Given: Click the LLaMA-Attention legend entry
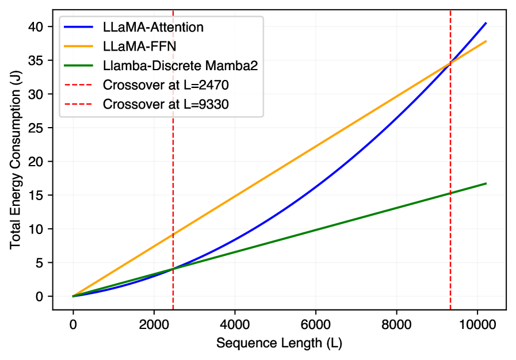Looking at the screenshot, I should click(153, 27).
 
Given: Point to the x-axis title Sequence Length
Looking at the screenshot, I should click(279, 343).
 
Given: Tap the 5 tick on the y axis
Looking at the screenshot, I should click(42, 263).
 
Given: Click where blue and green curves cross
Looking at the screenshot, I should click(173, 269).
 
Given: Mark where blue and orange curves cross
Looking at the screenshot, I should click(450, 63).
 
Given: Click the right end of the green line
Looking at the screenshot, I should click(486, 183).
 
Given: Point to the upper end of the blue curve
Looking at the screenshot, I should click(486, 23).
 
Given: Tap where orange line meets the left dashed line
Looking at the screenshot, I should click(173, 235).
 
